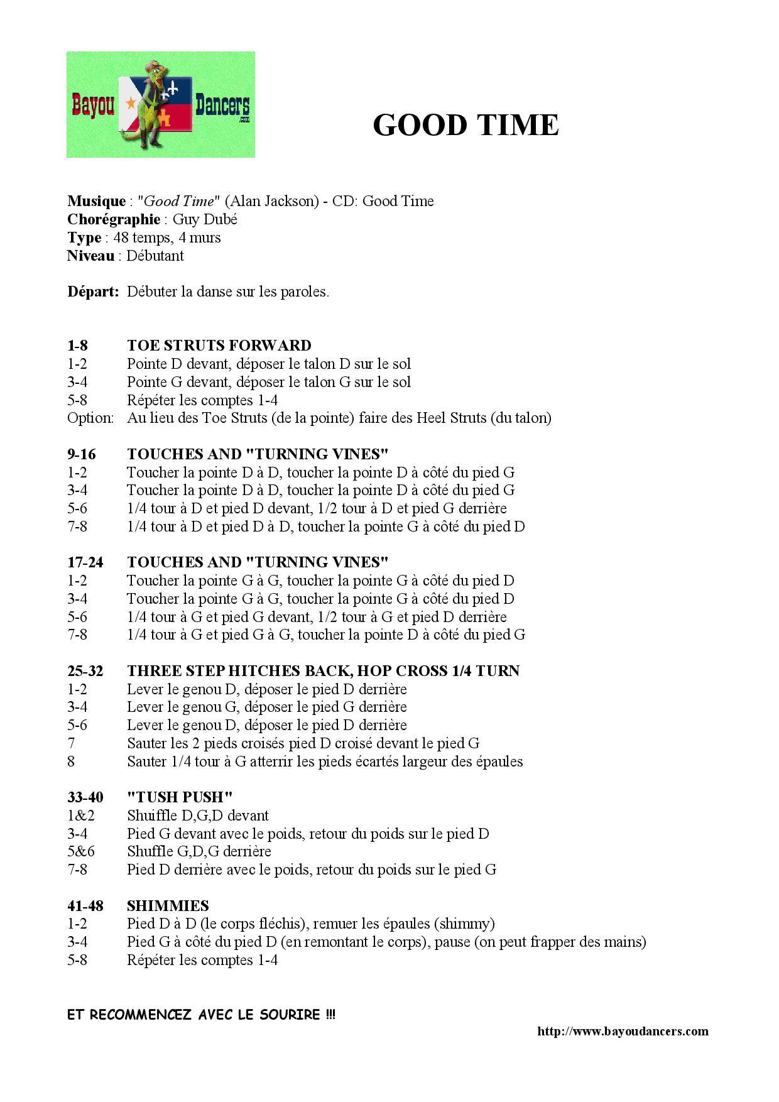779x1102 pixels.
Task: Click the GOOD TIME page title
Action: tap(466, 125)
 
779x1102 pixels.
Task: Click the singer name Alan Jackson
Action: tap(271, 201)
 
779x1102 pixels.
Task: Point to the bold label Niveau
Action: tap(90, 256)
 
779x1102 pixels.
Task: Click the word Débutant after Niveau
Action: tap(155, 256)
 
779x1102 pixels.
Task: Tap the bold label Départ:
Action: tap(93, 292)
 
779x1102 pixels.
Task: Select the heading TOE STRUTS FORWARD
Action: tap(219, 346)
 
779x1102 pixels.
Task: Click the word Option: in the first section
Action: tap(90, 418)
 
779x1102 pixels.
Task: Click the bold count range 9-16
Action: tap(82, 454)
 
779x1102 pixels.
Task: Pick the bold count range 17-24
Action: tap(85, 562)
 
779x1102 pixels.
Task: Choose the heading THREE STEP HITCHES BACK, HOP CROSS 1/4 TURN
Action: tap(323, 671)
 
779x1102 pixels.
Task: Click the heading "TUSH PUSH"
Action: tap(180, 797)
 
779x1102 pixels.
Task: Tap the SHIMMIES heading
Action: tap(168, 906)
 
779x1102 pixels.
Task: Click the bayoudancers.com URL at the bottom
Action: tap(623, 1031)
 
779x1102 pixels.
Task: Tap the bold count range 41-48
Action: tap(85, 906)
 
